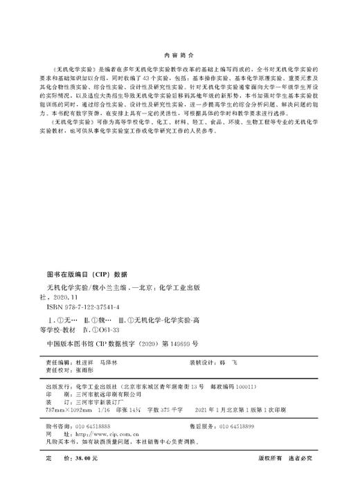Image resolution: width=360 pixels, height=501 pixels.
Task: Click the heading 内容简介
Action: [179, 53]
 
